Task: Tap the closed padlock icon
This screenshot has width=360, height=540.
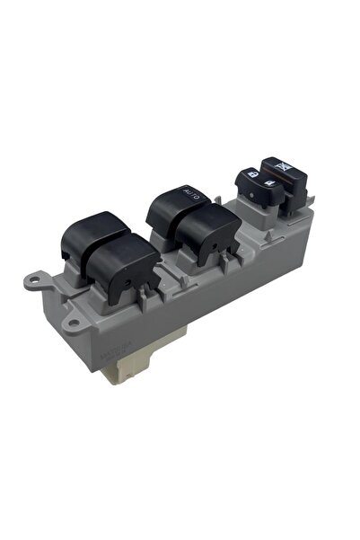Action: (x=251, y=174)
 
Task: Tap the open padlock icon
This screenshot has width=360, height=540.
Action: (x=270, y=187)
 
